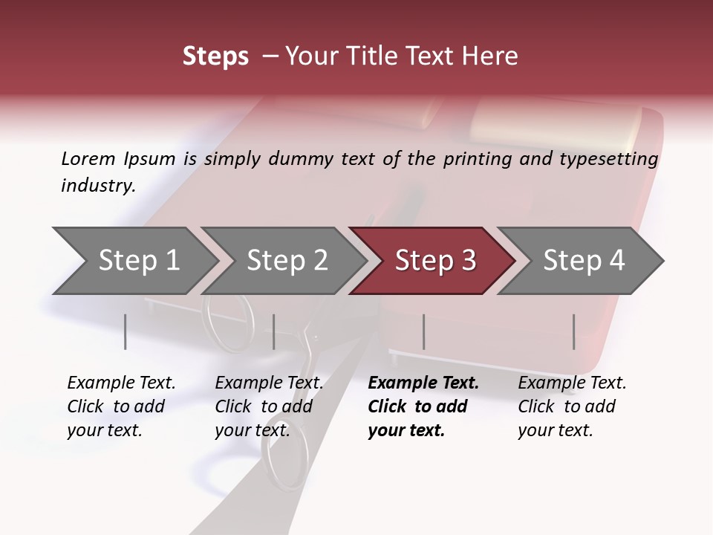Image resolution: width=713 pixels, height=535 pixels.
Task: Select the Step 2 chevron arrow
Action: click(287, 261)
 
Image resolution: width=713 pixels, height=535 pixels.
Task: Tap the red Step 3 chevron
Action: click(435, 261)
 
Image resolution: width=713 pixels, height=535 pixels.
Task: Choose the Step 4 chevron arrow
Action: click(584, 261)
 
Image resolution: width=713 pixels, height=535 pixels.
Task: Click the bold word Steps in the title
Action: click(215, 56)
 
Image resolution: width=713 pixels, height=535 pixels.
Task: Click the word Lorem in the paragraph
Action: click(88, 158)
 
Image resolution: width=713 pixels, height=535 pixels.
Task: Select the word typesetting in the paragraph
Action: click(613, 158)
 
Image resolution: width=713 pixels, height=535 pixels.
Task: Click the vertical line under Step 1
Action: click(126, 331)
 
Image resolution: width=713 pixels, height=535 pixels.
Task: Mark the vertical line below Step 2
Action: click(274, 331)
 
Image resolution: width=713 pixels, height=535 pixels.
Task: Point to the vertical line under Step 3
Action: click(424, 331)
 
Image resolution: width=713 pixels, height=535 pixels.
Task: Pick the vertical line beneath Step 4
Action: click(574, 331)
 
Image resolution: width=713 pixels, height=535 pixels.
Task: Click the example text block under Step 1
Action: click(121, 406)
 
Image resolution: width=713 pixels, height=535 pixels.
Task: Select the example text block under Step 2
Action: click(269, 406)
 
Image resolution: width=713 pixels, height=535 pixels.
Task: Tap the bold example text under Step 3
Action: click(423, 406)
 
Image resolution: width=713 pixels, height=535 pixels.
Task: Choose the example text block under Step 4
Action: click(572, 406)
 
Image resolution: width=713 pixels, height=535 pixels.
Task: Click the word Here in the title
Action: click(495, 56)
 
